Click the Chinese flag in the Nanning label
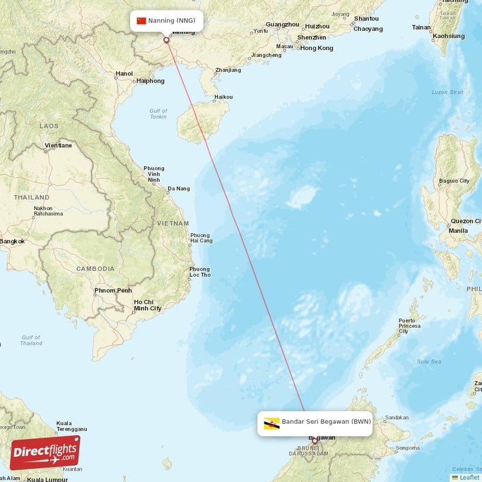(x=142, y=20)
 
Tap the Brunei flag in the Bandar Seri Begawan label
(x=272, y=423)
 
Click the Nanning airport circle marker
(x=166, y=40)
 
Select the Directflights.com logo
(x=45, y=452)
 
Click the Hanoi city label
(x=124, y=74)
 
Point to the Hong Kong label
(x=316, y=48)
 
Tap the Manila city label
(x=458, y=231)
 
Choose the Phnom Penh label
(x=113, y=290)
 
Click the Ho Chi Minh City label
(x=148, y=305)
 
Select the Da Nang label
(x=178, y=189)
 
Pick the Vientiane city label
(x=58, y=145)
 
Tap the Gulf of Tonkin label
(x=158, y=113)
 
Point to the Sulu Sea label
(x=429, y=361)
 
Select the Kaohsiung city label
(x=449, y=36)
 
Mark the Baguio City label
(x=454, y=181)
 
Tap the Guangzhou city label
(x=282, y=24)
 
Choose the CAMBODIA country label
(x=95, y=268)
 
